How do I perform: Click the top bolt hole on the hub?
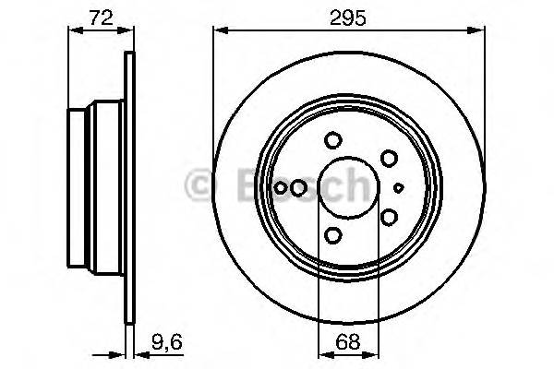[333, 141]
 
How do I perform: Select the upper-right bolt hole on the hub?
[390, 159]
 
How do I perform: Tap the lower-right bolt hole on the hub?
[390, 217]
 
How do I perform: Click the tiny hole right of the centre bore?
[399, 187]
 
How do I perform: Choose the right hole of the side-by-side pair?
[297, 188]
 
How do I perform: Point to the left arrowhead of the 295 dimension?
[219, 30]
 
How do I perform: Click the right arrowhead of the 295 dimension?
[480, 30]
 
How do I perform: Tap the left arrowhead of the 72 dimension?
[74, 30]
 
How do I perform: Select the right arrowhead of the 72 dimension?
[126, 30]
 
